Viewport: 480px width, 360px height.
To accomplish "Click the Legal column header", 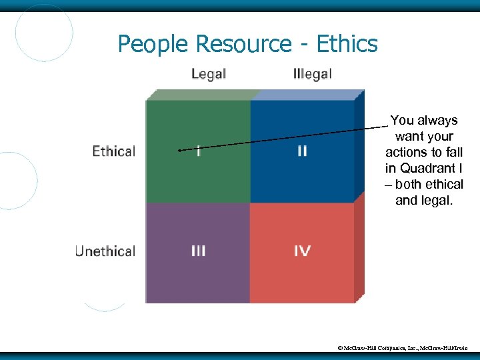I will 209,73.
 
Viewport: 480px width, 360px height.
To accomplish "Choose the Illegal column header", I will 312,73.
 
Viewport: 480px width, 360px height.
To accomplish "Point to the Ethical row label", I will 114,151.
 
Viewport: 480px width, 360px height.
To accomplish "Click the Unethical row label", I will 105,251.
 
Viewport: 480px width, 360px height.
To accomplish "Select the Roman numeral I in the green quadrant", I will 198,151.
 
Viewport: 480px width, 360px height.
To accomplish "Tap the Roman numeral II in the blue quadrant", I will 301,151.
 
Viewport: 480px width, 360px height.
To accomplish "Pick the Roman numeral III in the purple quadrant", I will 198,251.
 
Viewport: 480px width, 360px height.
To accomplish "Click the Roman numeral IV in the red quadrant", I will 301,251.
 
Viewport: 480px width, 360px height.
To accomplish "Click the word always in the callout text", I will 437,121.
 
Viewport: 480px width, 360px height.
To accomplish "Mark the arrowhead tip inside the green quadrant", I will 179,151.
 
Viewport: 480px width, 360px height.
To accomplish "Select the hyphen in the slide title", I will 303,45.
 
